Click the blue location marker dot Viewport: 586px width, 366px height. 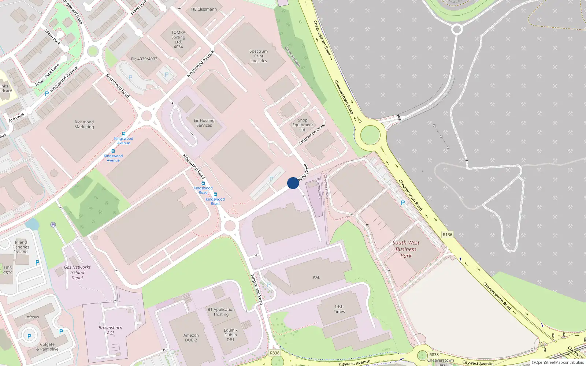(x=293, y=183)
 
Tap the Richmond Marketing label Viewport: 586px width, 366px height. (x=84, y=124)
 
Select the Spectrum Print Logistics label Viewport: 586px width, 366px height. (x=259, y=56)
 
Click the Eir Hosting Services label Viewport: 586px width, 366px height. (x=204, y=123)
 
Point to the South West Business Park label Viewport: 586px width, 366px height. (x=406, y=249)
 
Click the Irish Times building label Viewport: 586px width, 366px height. (x=339, y=309)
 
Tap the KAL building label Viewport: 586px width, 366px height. (x=316, y=277)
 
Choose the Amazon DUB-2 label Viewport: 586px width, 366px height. (x=191, y=337)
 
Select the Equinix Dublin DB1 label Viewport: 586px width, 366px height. (x=230, y=335)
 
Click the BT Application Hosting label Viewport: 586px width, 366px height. (x=221, y=312)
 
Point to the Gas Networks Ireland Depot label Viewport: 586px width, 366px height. (x=77, y=272)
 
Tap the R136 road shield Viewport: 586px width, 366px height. (x=447, y=235)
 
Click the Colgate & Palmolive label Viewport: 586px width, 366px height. (x=47, y=347)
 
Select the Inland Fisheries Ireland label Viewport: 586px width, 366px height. (x=21, y=247)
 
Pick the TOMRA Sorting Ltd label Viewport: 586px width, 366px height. (x=178, y=40)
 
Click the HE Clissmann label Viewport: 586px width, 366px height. (x=204, y=9)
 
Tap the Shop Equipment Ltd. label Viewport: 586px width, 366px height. (x=303, y=125)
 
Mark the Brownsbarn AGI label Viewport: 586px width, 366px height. (x=110, y=330)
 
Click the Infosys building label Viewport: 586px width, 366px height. (x=32, y=317)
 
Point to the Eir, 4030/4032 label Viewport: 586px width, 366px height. (x=144, y=59)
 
